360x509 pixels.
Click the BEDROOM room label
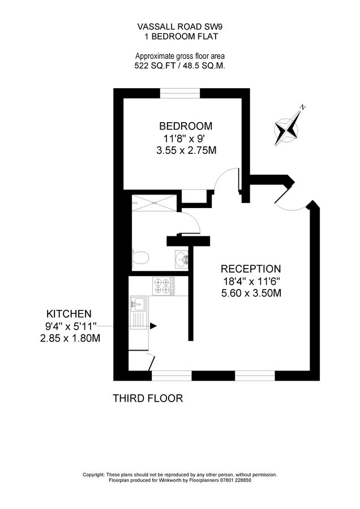(x=186, y=126)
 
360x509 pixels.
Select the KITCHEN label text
(x=68, y=313)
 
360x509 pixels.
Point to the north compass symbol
(x=287, y=128)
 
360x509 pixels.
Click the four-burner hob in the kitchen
(x=162, y=286)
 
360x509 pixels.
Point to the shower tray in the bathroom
(x=153, y=203)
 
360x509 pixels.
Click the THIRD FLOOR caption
(x=148, y=398)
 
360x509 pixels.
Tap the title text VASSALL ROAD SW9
(x=179, y=26)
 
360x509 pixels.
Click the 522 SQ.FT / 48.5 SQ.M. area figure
(x=179, y=66)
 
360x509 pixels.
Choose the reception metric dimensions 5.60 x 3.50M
(x=251, y=293)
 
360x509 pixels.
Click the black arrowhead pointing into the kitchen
(x=153, y=326)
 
